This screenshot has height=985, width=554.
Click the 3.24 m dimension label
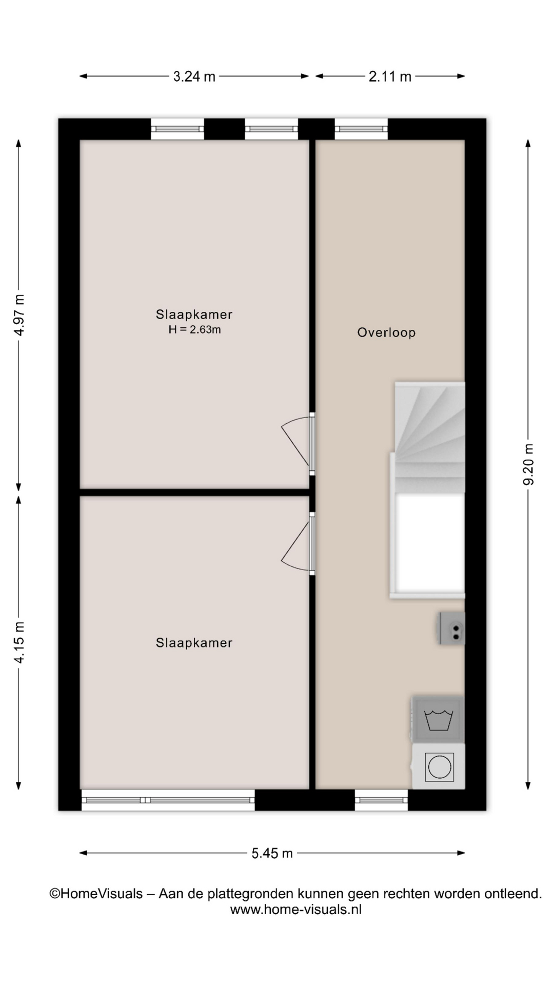point(194,76)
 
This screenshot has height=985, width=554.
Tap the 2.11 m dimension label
point(390,76)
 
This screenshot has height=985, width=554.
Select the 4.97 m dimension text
point(19,315)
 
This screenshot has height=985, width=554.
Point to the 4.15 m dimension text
point(19,642)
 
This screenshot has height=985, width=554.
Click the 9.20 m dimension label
point(528,464)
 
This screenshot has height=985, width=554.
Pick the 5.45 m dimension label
point(272,853)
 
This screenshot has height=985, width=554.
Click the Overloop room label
point(386,332)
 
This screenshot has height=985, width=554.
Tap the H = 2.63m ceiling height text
point(194,329)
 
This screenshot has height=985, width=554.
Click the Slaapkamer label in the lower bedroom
point(194,643)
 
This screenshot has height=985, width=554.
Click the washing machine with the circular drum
point(439,767)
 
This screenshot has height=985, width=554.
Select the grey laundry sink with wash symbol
point(439,719)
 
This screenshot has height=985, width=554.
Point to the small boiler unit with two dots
point(452,628)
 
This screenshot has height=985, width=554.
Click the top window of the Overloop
point(361,129)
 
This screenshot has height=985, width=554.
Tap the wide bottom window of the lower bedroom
point(168,800)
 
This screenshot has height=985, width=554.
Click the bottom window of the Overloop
point(381,800)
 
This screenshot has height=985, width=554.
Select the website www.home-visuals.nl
point(296,910)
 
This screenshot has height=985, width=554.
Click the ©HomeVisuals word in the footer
point(96,894)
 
